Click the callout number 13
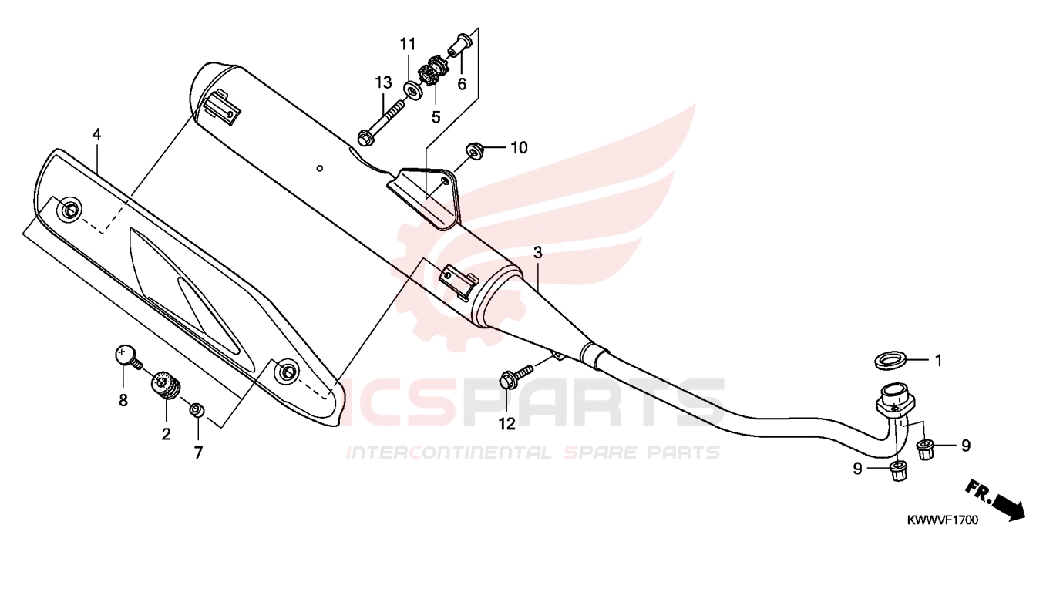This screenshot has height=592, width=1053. [383, 82]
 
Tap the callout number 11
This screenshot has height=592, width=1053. [408, 44]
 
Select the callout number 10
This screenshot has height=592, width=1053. [519, 148]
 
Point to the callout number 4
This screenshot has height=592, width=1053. [96, 135]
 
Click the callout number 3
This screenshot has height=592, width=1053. [538, 253]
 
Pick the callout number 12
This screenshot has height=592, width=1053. [506, 424]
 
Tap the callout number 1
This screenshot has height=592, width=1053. [938, 361]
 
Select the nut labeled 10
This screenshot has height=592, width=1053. [473, 150]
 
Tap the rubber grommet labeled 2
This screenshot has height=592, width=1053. [166, 388]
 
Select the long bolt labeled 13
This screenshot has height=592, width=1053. [380, 123]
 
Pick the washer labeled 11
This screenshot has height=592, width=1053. [412, 90]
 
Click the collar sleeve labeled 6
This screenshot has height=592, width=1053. [459, 46]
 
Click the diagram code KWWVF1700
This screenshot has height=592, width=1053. [942, 520]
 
